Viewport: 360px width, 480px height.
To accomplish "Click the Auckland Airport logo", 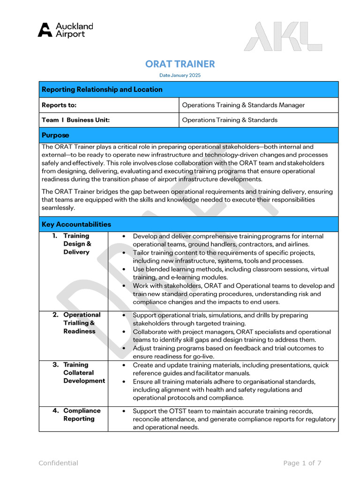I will (x=65, y=30).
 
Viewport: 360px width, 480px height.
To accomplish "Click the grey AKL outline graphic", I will (x=283, y=37).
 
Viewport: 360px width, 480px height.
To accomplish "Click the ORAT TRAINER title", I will (x=180, y=64).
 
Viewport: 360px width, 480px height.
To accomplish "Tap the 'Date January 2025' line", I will (x=180, y=75).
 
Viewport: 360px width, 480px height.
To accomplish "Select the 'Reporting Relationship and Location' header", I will (x=102, y=90).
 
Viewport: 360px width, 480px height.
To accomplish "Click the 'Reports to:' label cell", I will (x=59, y=105).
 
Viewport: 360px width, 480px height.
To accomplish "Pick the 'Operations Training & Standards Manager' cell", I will (x=243, y=105).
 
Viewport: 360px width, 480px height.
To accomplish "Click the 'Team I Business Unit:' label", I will (x=75, y=120).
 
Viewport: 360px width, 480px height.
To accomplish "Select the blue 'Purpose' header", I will (x=55, y=135).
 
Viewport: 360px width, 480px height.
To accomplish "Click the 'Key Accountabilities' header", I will (x=76, y=224).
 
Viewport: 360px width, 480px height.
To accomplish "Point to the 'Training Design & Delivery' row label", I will (x=77, y=244).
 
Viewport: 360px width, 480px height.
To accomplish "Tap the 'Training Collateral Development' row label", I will (x=84, y=373).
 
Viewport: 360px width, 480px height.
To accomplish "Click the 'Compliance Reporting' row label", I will (x=82, y=414).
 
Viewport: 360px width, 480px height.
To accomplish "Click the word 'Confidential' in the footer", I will (x=58, y=463).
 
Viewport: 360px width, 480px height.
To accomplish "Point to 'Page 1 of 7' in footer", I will (x=302, y=463).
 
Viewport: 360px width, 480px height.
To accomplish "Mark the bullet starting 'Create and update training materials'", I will (x=231, y=369).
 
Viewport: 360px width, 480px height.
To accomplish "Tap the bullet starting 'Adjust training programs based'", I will (x=228, y=352).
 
